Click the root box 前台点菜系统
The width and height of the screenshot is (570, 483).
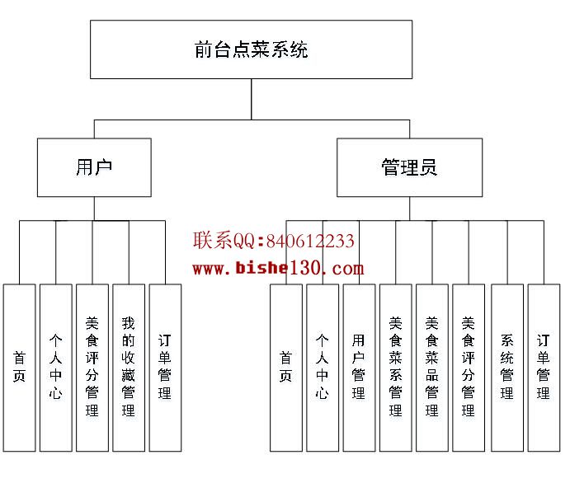[251, 49]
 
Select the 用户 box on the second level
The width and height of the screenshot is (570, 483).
[94, 167]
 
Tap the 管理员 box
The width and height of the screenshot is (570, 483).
[409, 167]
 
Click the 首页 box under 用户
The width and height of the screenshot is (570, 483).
[19, 368]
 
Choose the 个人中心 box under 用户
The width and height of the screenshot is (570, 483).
[55, 368]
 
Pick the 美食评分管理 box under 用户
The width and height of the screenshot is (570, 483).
[92, 368]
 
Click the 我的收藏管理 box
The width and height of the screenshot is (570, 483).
[128, 368]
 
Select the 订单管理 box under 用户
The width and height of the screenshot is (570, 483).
[164, 368]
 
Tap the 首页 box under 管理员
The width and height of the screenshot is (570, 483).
[286, 368]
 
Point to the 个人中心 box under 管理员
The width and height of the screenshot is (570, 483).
[323, 368]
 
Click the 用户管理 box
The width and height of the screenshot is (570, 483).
[359, 368]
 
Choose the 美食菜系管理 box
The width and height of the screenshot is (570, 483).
[395, 368]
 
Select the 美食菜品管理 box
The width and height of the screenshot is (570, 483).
[431, 368]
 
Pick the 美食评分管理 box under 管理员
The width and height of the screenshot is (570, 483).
[468, 368]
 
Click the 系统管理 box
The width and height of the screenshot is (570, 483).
[507, 368]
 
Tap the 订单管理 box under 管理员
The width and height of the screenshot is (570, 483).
[544, 368]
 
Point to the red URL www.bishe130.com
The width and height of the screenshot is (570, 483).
[278, 268]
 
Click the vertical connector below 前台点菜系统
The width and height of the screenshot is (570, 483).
[252, 99]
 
